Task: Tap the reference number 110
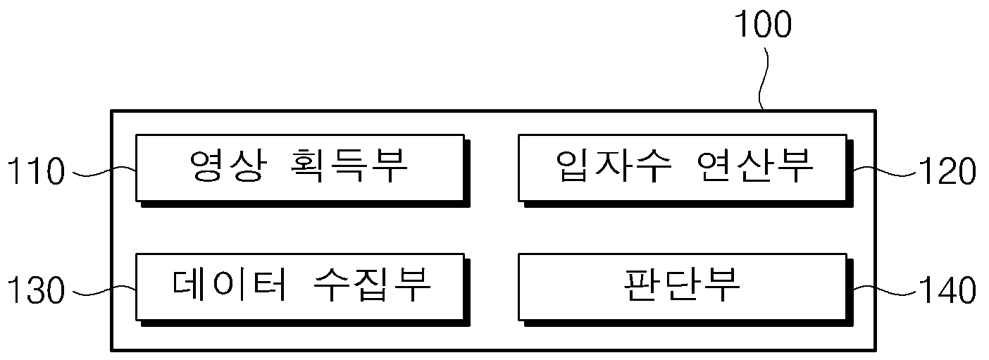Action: [x=36, y=171]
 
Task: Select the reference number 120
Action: [x=947, y=171]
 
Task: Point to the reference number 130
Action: [x=36, y=290]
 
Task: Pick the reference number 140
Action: [x=947, y=290]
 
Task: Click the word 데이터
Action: [x=229, y=285]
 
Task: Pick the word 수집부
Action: [x=372, y=285]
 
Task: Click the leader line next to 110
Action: [x=104, y=172]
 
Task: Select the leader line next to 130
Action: [x=104, y=291]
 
